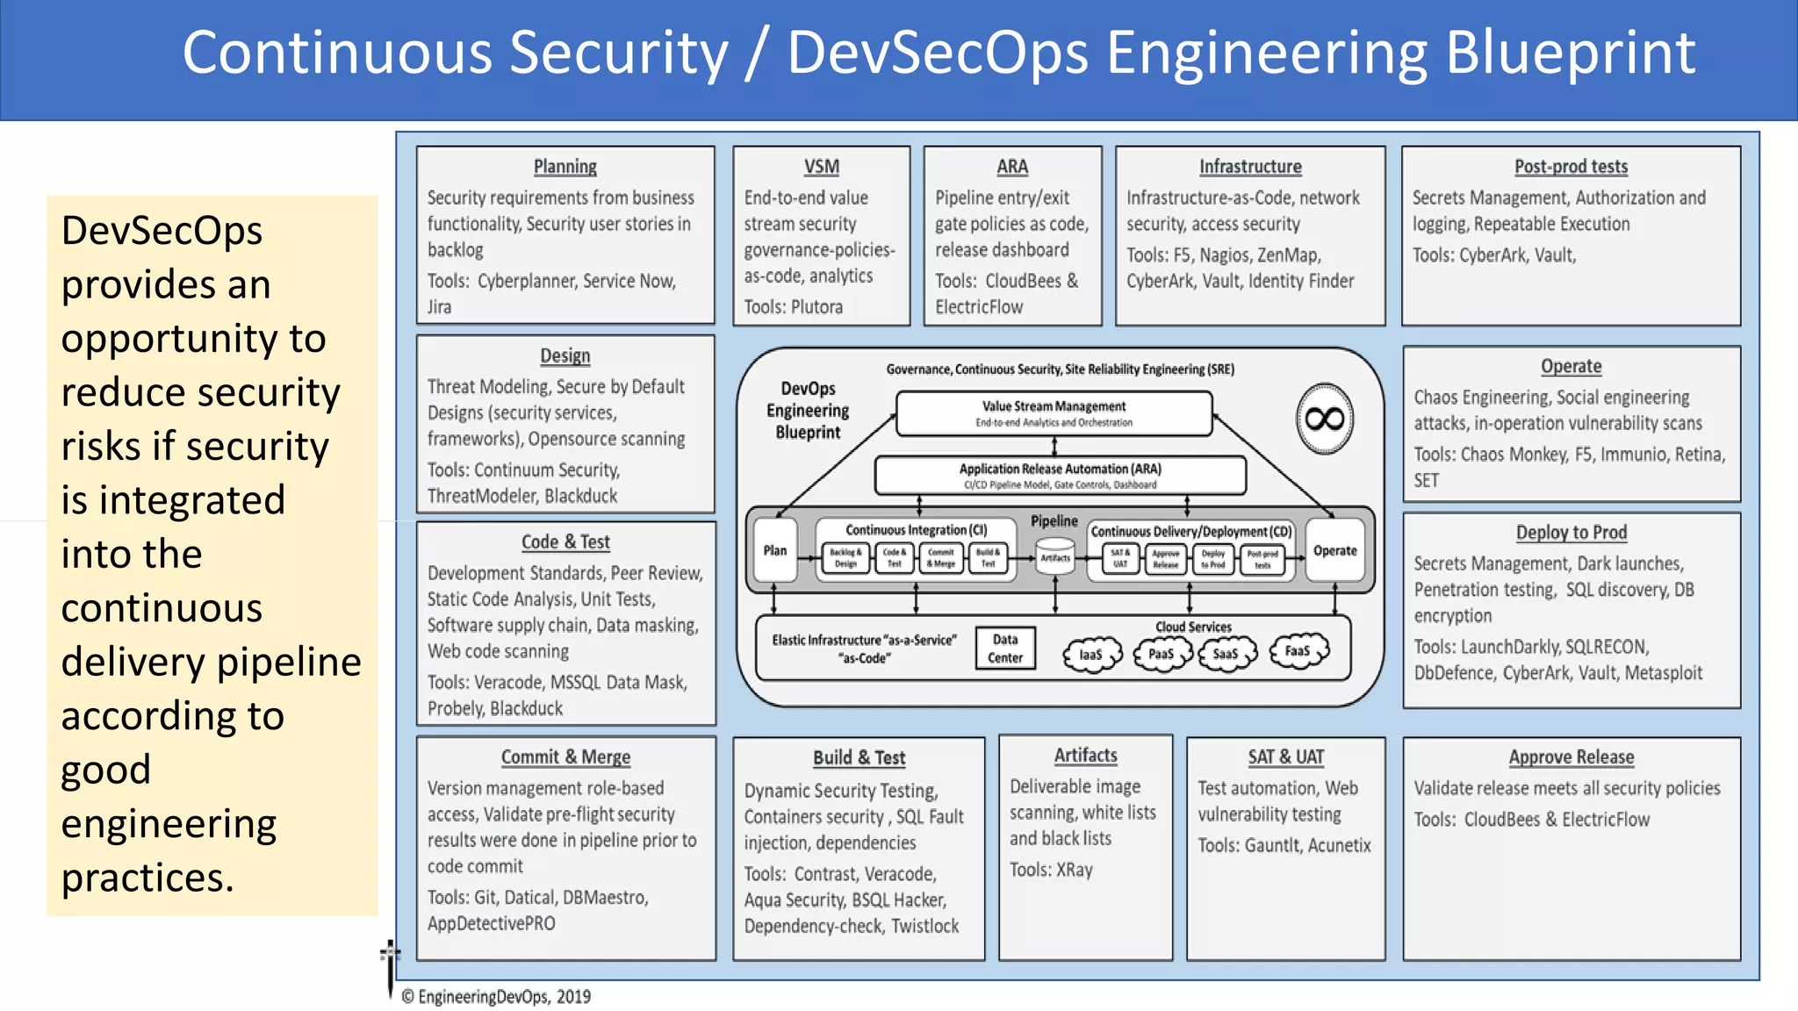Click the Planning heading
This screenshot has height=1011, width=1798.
(565, 167)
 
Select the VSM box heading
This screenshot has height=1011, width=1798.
(821, 167)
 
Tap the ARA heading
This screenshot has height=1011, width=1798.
(1011, 167)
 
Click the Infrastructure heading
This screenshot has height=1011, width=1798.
(1250, 167)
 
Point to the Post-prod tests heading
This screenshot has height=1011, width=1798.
(1571, 167)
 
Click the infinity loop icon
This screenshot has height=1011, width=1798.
(1325, 419)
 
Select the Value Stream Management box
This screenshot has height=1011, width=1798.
(1054, 413)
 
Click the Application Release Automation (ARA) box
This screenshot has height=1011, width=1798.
(1060, 476)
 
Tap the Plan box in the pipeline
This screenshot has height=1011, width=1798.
(775, 550)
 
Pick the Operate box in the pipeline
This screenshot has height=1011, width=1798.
(1334, 550)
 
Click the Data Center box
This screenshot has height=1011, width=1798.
(1005, 649)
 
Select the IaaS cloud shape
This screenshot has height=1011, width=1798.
(1091, 655)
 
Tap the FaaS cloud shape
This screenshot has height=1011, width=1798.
(1298, 651)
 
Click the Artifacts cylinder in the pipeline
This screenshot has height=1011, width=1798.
(1055, 557)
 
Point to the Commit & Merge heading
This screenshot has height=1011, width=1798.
(565, 757)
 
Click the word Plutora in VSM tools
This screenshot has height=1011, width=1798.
(816, 307)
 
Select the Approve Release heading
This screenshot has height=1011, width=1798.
(1571, 757)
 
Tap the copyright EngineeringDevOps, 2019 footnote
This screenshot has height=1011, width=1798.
(496, 997)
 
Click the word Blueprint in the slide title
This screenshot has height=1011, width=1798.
(1570, 53)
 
